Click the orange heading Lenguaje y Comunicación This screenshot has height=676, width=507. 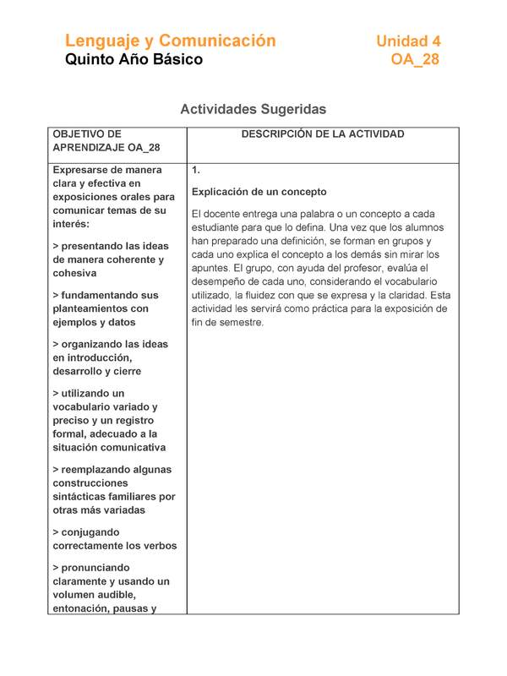tap(170, 41)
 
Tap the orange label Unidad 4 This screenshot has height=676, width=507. tap(408, 41)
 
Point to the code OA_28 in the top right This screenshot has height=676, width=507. tap(415, 60)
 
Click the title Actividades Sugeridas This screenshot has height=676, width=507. tap(253, 110)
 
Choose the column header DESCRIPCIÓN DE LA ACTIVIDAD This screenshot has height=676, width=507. tap(323, 134)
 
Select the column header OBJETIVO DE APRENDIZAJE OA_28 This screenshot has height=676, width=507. tap(106, 141)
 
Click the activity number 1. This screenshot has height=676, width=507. tap(196, 170)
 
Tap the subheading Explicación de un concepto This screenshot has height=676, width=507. tap(259, 192)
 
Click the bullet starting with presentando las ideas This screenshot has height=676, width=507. tap(110, 259)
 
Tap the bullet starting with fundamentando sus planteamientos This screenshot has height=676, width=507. tap(105, 308)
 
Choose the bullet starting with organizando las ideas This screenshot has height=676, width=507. tap(110, 357)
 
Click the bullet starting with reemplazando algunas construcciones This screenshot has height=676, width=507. tap(113, 489)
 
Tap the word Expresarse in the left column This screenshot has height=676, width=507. tap(83, 170)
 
